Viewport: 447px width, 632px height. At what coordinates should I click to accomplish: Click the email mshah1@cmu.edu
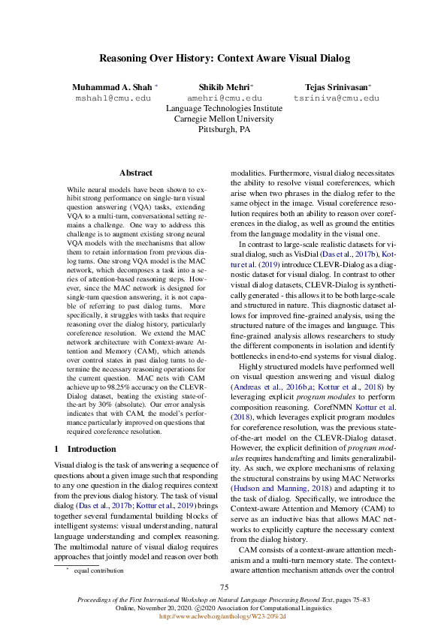click(113, 98)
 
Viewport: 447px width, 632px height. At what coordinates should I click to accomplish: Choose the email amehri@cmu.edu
click(224, 98)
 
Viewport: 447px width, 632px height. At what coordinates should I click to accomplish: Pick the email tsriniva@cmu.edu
click(336, 98)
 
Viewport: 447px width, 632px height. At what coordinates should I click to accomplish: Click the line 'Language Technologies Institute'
click(224, 108)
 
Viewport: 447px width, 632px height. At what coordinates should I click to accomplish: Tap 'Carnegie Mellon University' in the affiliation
click(224, 119)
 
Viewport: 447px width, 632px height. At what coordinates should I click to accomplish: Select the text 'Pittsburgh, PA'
click(224, 129)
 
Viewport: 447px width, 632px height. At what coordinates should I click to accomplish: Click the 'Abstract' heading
click(136, 173)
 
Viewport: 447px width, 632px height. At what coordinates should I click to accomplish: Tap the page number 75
click(223, 587)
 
